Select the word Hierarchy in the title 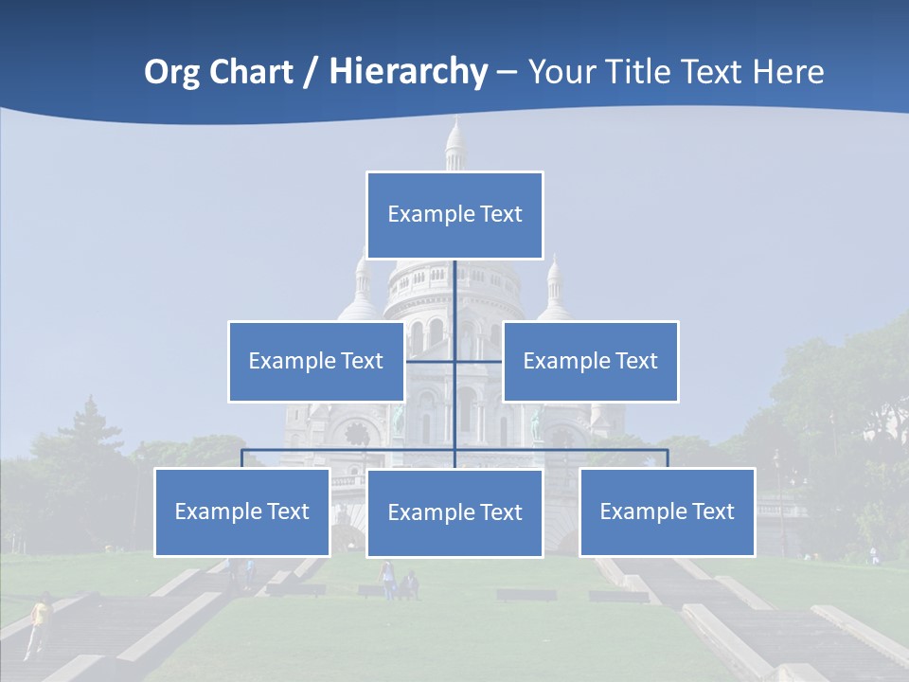click(408, 72)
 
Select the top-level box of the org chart click(454, 215)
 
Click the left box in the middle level click(316, 361)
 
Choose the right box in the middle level click(591, 361)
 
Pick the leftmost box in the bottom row click(242, 511)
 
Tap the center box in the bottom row click(454, 512)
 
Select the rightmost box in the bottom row click(668, 511)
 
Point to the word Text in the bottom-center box click(500, 512)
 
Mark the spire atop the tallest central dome click(455, 142)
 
